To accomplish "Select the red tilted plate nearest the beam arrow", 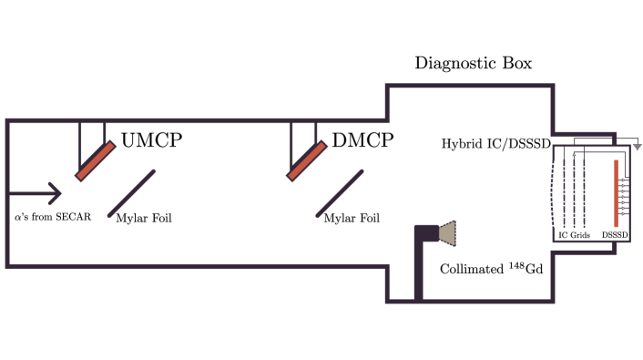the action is (96, 160).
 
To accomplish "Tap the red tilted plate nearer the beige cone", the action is (307, 160).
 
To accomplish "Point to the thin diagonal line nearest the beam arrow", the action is (132, 193).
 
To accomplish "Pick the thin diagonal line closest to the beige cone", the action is (340, 193).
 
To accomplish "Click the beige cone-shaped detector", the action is (447, 233).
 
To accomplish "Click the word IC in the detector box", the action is (564, 235).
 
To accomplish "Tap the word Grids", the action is (581, 235).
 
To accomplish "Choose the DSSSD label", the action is (616, 235).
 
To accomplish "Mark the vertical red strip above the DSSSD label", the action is (617, 193).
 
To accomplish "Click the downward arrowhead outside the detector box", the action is (638, 146).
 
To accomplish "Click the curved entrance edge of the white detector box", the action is (555, 191).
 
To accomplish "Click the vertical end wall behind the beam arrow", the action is (7, 193).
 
